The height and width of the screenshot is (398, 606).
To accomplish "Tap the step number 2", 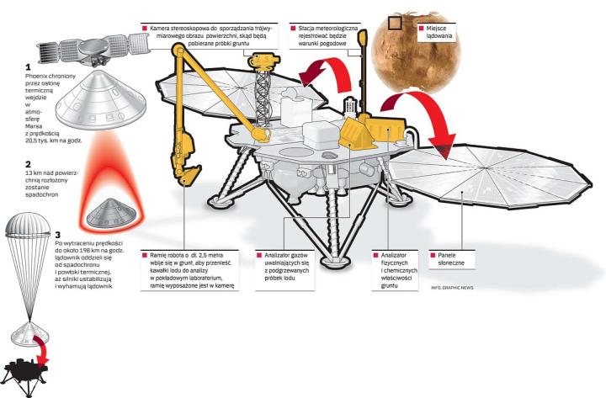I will pos(29,164).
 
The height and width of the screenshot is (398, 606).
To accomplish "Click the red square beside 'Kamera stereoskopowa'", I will pos(144,28).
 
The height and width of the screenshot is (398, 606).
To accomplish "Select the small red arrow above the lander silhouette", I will pos(39,345).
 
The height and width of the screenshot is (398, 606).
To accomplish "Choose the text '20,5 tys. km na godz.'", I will pos(50,141).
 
